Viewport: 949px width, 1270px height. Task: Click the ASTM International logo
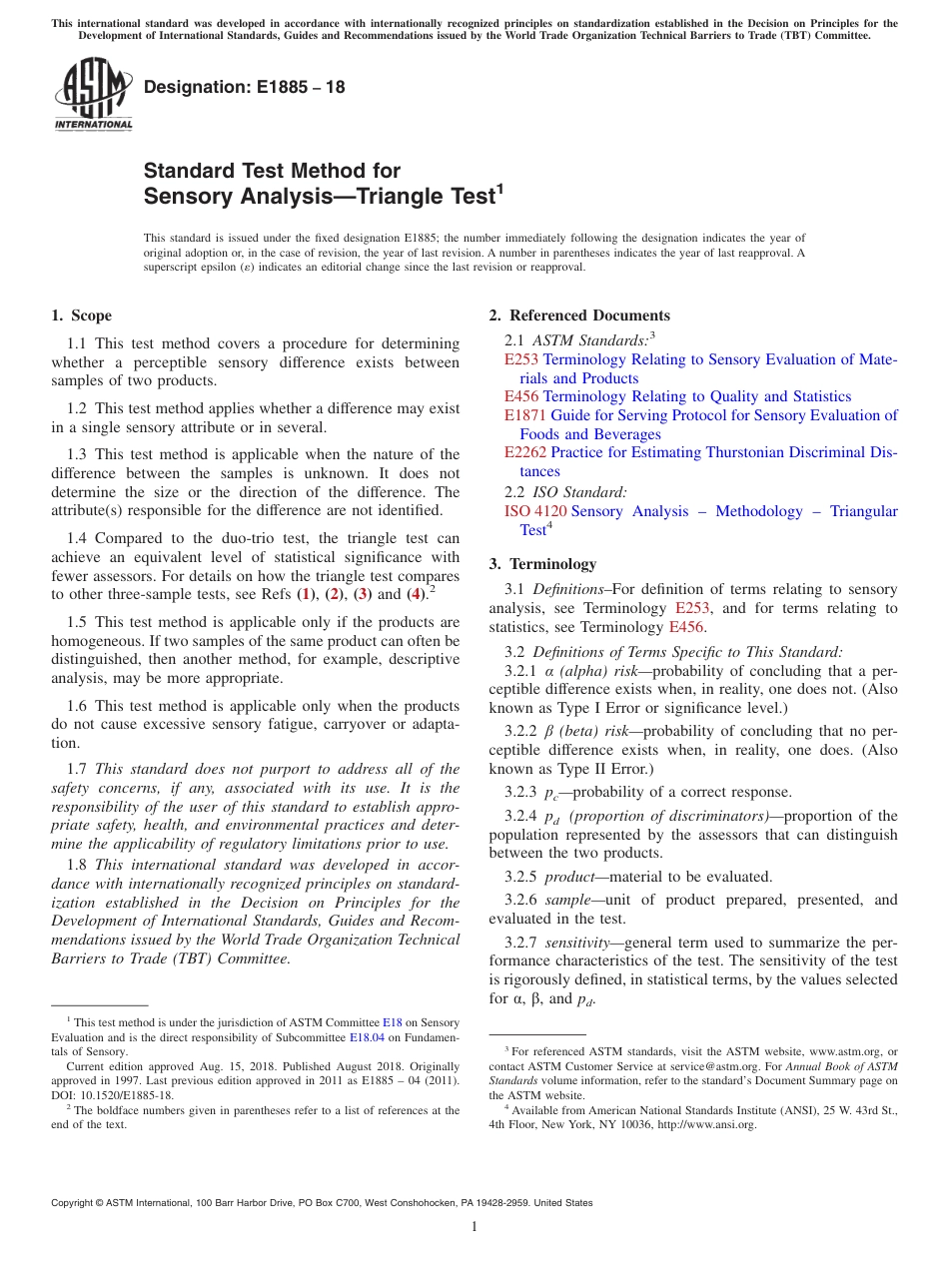click(x=93, y=93)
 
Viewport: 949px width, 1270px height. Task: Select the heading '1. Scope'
click(x=81, y=316)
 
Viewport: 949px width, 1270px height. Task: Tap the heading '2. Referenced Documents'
click(x=579, y=316)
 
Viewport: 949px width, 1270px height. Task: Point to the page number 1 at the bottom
click(x=474, y=1227)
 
